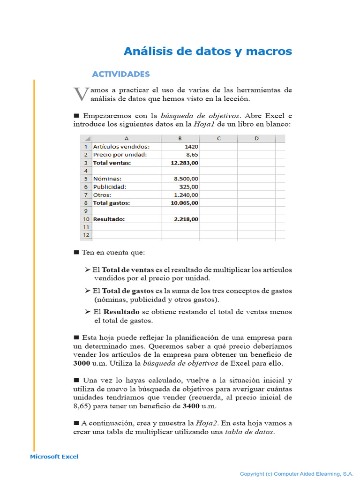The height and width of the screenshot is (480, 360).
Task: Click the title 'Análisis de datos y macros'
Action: tap(208, 51)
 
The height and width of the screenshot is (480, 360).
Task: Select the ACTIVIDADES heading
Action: tap(121, 74)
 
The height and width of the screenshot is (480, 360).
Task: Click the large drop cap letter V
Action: tap(81, 94)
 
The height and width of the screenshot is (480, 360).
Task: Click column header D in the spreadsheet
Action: tap(256, 138)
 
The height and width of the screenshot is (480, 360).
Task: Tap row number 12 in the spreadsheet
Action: tap(86, 235)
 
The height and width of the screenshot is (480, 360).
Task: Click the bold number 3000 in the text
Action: tap(82, 363)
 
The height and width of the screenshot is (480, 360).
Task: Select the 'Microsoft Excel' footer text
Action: tap(54, 457)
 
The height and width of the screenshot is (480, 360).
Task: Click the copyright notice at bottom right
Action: tap(296, 474)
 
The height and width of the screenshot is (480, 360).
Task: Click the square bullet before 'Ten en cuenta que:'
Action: tap(76, 252)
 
